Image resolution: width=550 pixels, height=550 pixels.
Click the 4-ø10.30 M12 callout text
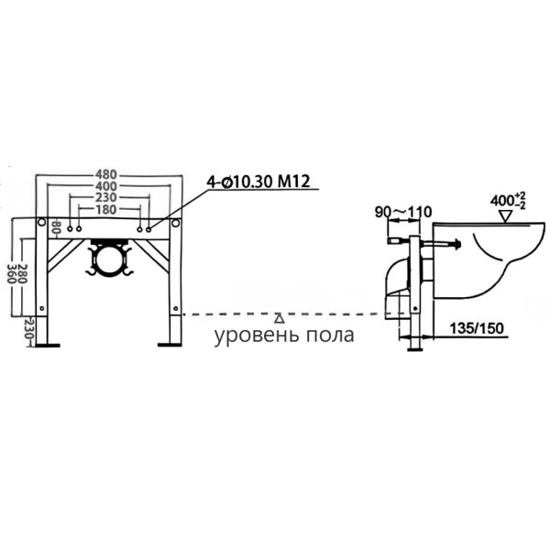[256, 183]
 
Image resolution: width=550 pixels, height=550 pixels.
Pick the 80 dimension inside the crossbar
[57, 226]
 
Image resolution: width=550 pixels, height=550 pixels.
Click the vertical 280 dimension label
[22, 268]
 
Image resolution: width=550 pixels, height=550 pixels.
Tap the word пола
[330, 335]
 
